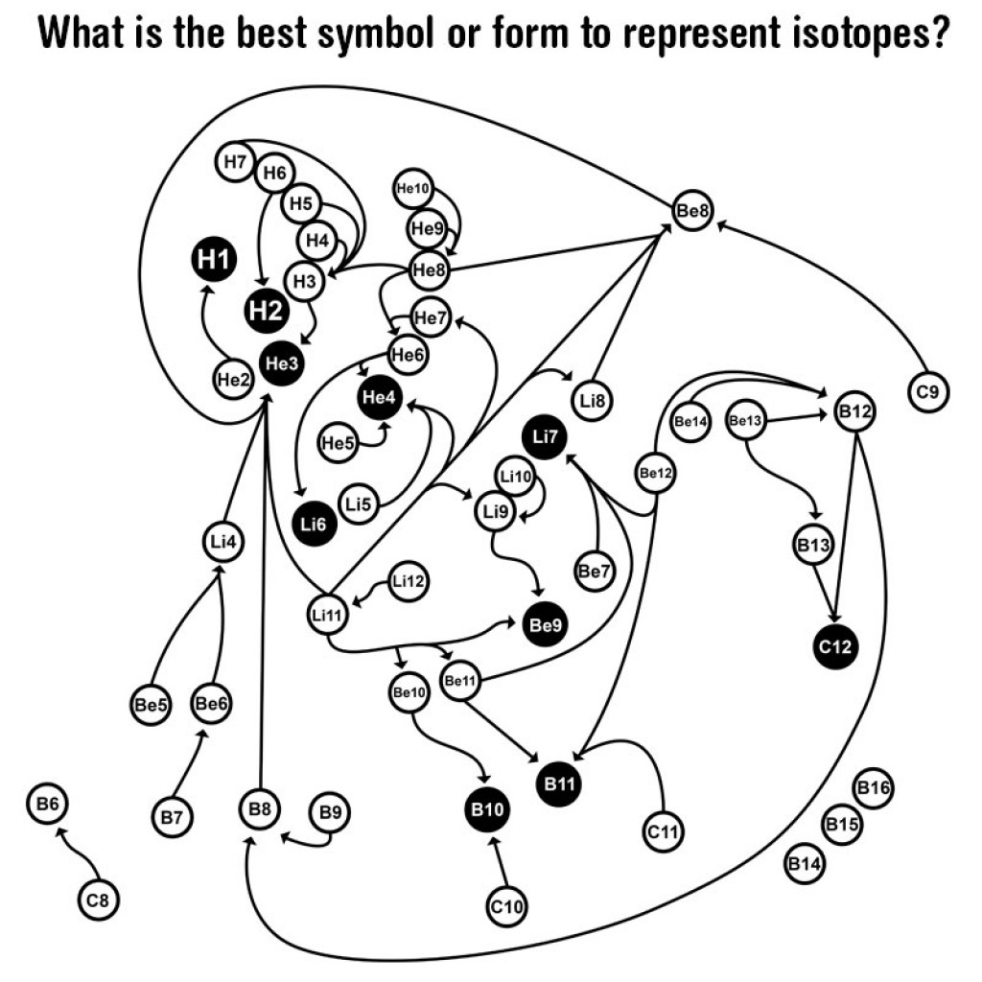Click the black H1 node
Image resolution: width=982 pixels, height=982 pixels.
(x=214, y=259)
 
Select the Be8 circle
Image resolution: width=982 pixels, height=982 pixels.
(x=692, y=210)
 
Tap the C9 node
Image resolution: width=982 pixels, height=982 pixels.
(x=928, y=392)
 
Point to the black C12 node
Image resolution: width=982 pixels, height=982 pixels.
(x=835, y=646)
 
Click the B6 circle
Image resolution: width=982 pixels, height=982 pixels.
(x=48, y=804)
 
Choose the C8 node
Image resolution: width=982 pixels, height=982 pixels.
(x=98, y=900)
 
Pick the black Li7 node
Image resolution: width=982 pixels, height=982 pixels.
(x=545, y=436)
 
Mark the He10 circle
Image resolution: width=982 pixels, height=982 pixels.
(x=412, y=188)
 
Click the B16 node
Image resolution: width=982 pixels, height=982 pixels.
(x=873, y=788)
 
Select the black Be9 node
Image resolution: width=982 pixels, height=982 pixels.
(x=545, y=624)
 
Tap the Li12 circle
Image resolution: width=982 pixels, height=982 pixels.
(x=409, y=581)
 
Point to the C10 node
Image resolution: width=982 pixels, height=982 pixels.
(x=506, y=906)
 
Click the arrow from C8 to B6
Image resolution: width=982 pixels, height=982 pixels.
(x=78, y=853)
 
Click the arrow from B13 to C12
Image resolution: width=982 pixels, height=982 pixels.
(x=825, y=593)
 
